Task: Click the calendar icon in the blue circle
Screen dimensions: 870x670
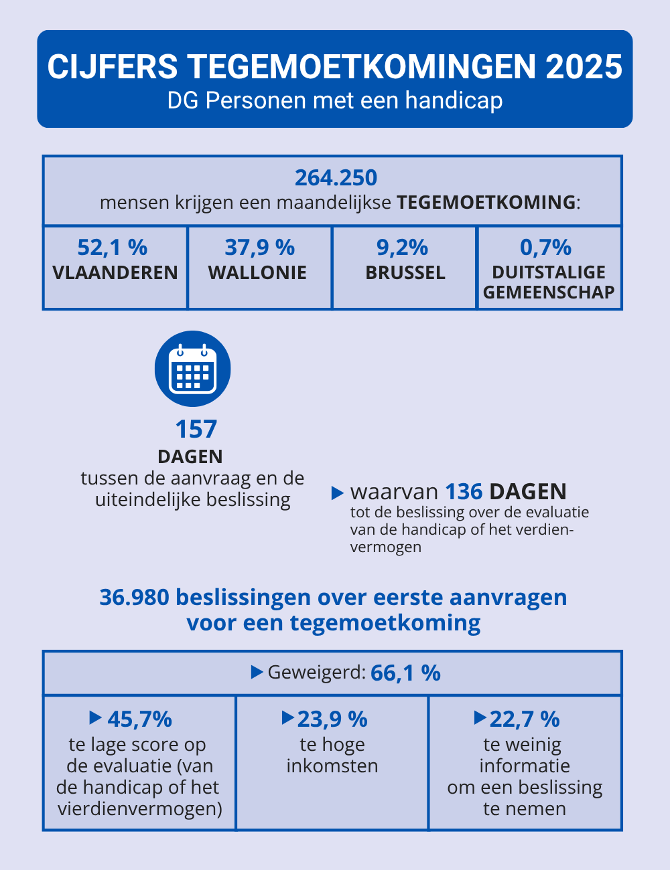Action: pyautogui.click(x=193, y=369)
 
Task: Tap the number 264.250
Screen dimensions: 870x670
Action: pyautogui.click(x=336, y=177)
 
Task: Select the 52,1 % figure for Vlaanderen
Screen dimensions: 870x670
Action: pyautogui.click(x=112, y=247)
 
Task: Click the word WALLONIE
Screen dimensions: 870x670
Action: pyautogui.click(x=257, y=272)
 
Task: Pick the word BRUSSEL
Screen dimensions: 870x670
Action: pyautogui.click(x=405, y=272)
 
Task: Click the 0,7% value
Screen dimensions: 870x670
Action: pyautogui.click(x=545, y=247)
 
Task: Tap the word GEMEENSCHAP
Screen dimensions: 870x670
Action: pyautogui.click(x=549, y=292)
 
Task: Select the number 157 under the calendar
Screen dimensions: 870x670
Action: pyautogui.click(x=196, y=429)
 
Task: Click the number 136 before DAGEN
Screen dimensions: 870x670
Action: pyautogui.click(x=464, y=492)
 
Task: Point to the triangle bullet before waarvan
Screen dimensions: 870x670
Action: pyautogui.click(x=338, y=493)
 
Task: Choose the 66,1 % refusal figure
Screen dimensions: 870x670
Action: pyautogui.click(x=405, y=673)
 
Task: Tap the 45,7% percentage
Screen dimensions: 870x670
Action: pyautogui.click(x=139, y=719)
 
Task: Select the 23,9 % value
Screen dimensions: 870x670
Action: pyautogui.click(x=332, y=719)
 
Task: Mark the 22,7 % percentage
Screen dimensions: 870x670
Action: pyautogui.click(x=525, y=719)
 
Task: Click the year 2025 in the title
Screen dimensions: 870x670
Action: pyautogui.click(x=584, y=67)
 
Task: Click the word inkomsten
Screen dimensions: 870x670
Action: pyautogui.click(x=332, y=766)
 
